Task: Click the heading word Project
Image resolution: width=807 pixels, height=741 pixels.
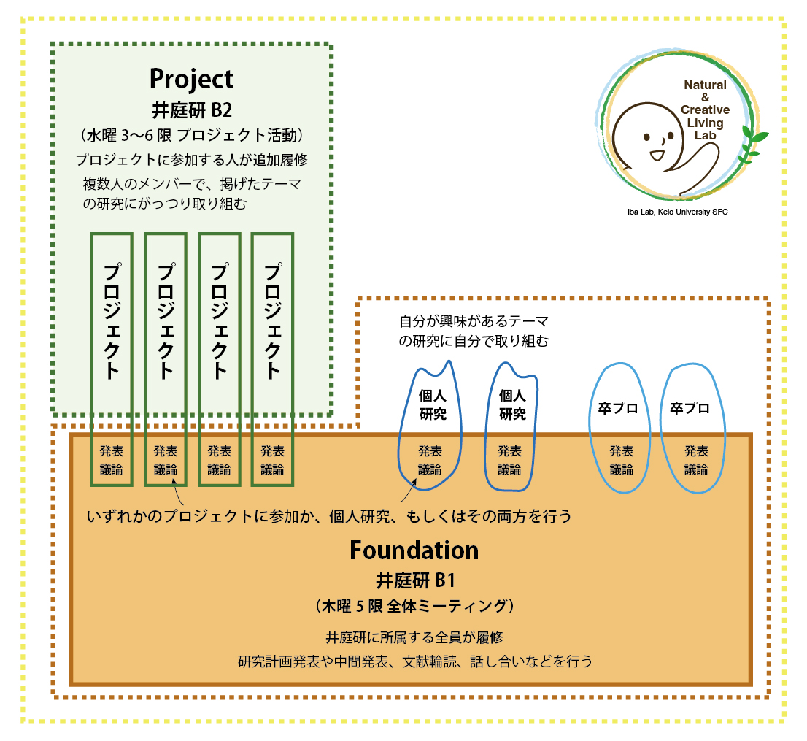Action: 191,79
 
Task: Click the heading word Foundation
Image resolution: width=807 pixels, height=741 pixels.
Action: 414,550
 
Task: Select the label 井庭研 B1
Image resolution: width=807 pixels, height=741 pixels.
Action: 415,580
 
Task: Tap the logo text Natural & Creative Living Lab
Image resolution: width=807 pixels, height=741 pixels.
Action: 704,110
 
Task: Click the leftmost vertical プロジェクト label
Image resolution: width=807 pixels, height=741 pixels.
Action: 111,321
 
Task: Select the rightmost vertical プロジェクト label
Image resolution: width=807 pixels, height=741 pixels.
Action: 272,321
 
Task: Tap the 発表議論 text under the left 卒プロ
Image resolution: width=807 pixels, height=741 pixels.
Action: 622,460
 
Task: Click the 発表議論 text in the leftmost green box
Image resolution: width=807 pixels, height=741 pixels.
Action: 111,460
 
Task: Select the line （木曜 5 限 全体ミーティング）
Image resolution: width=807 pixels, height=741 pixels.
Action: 415,607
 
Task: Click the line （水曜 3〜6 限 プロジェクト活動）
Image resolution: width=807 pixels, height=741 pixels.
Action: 191,136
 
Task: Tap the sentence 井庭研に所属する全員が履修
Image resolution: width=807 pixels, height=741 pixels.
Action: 414,637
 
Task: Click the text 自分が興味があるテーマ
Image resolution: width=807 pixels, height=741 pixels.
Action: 474,321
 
